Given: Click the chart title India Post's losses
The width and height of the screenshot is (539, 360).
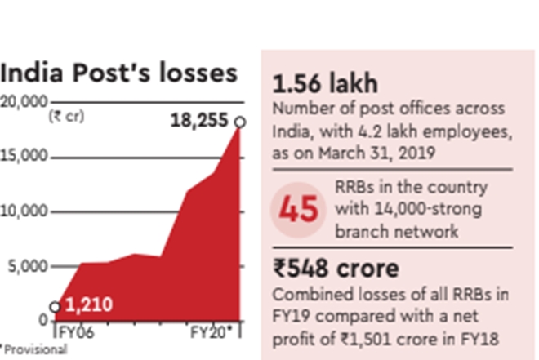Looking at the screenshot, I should point(119,73).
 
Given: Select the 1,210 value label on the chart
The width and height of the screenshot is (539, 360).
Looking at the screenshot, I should point(88,306).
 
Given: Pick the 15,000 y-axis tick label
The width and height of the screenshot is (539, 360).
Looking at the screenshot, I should point(24,156).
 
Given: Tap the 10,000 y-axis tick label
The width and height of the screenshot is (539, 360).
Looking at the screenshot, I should point(24,211).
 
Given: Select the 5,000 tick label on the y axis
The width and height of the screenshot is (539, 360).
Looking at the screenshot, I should point(28,265).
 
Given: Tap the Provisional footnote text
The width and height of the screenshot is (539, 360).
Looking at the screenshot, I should point(34,349).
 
